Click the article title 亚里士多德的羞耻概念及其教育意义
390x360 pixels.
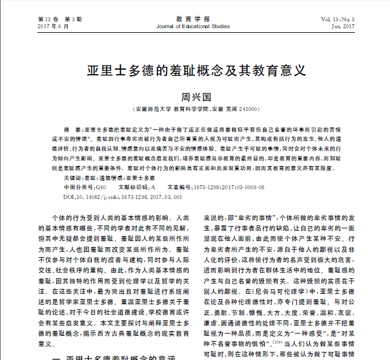pos(195,71)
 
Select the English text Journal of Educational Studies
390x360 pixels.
pos(196,26)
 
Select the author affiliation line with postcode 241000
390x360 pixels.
pos(195,109)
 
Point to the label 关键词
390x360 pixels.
pos(72,179)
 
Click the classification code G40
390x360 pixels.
pos(101,187)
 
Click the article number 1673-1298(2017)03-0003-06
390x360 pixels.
pos(229,187)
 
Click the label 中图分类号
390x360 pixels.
pos(78,187)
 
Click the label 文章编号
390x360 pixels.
pos(179,187)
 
